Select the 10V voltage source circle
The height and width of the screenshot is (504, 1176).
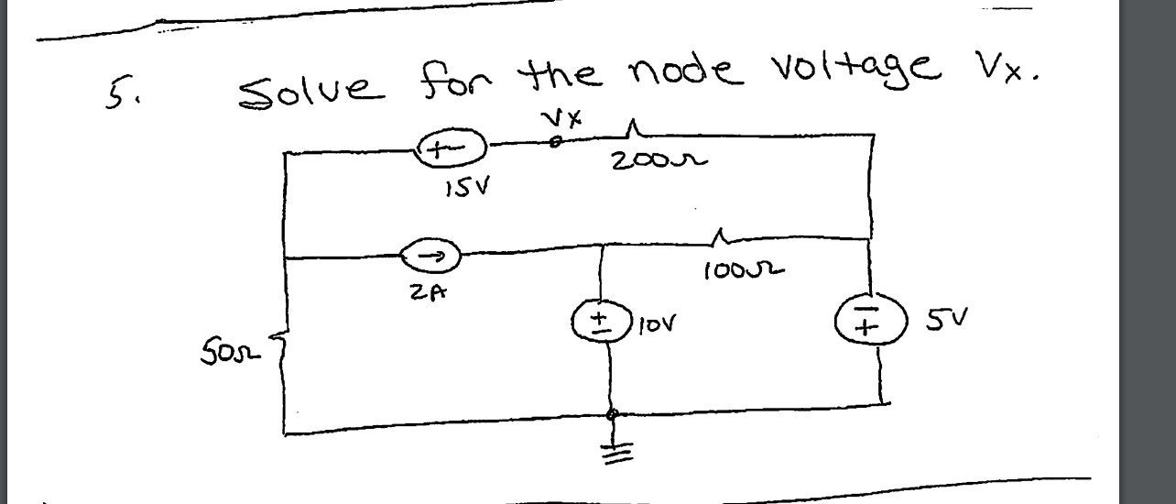pyautogui.click(x=600, y=324)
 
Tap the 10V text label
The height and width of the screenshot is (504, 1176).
pyautogui.click(x=659, y=324)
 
